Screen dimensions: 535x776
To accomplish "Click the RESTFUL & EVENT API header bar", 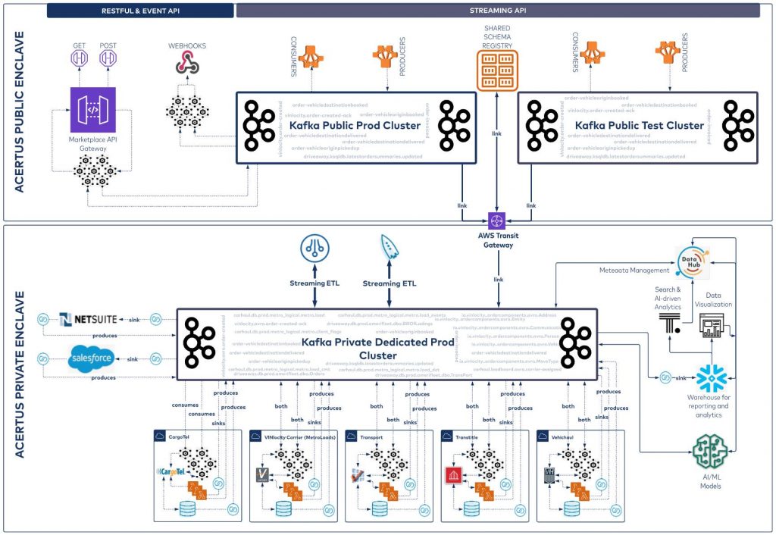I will (x=140, y=11).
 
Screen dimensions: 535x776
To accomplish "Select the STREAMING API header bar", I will (x=498, y=11).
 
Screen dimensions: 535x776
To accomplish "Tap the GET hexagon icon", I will (x=79, y=59).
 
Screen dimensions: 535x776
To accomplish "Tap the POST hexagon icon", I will (x=108, y=59).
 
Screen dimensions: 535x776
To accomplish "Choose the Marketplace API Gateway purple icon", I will (x=91, y=109).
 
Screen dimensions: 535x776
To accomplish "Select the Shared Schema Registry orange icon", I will (x=496, y=68).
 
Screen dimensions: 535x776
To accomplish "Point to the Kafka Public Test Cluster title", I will (x=640, y=124).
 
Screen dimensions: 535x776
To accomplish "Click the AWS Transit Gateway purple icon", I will (x=497, y=221).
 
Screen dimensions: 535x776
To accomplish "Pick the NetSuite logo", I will (x=89, y=319).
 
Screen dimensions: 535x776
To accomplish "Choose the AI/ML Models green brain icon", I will (x=711, y=453).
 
